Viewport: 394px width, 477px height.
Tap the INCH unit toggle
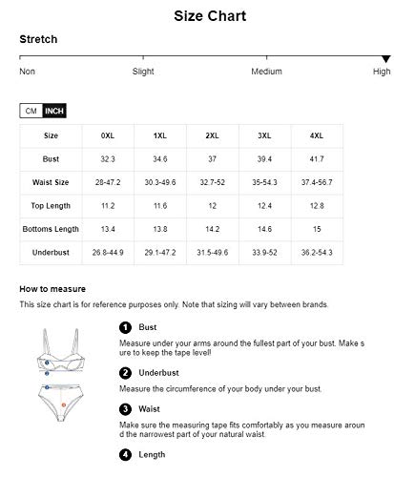coord(54,112)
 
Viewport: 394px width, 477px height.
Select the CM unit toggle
coord(31,112)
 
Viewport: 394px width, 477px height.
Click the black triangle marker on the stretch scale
coord(385,59)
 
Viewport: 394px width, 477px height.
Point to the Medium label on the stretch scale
coord(266,72)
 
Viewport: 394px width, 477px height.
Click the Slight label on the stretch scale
coord(143,72)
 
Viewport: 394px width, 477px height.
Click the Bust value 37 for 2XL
coord(212,158)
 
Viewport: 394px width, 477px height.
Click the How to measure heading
coord(53,288)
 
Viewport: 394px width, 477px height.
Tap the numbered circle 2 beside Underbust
coord(125,373)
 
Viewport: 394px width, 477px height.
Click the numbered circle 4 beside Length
coord(125,455)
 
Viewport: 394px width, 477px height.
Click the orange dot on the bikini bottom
coord(63,404)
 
